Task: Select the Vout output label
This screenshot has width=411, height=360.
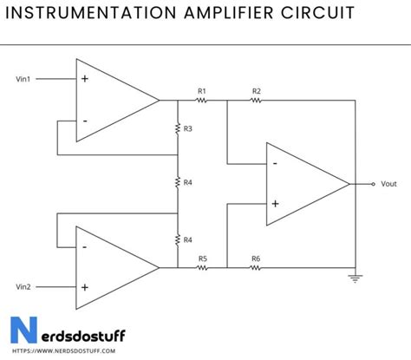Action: coord(388,184)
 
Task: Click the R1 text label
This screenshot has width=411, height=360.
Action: coord(201,90)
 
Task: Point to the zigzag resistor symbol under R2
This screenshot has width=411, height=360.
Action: coord(257,100)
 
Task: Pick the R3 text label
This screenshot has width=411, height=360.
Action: coord(188,128)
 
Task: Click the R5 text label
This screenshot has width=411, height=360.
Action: coord(202,258)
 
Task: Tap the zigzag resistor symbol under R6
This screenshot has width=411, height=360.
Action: coord(257,267)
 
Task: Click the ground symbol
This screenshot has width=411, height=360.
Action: coord(356,278)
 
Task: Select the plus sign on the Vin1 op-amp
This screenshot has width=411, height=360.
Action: coord(85,78)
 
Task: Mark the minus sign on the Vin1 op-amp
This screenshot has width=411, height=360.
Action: coord(85,121)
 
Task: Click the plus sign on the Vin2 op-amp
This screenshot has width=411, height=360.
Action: coord(85,287)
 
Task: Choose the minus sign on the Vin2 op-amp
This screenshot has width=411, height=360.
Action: coord(85,245)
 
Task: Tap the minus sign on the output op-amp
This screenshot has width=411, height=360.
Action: coord(275,162)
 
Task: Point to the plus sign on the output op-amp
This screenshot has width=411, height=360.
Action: coord(275,204)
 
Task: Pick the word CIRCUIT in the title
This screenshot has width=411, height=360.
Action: coord(322,14)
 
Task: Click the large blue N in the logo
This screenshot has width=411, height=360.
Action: coord(21,332)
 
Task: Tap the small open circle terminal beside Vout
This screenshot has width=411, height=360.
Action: coord(373,184)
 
